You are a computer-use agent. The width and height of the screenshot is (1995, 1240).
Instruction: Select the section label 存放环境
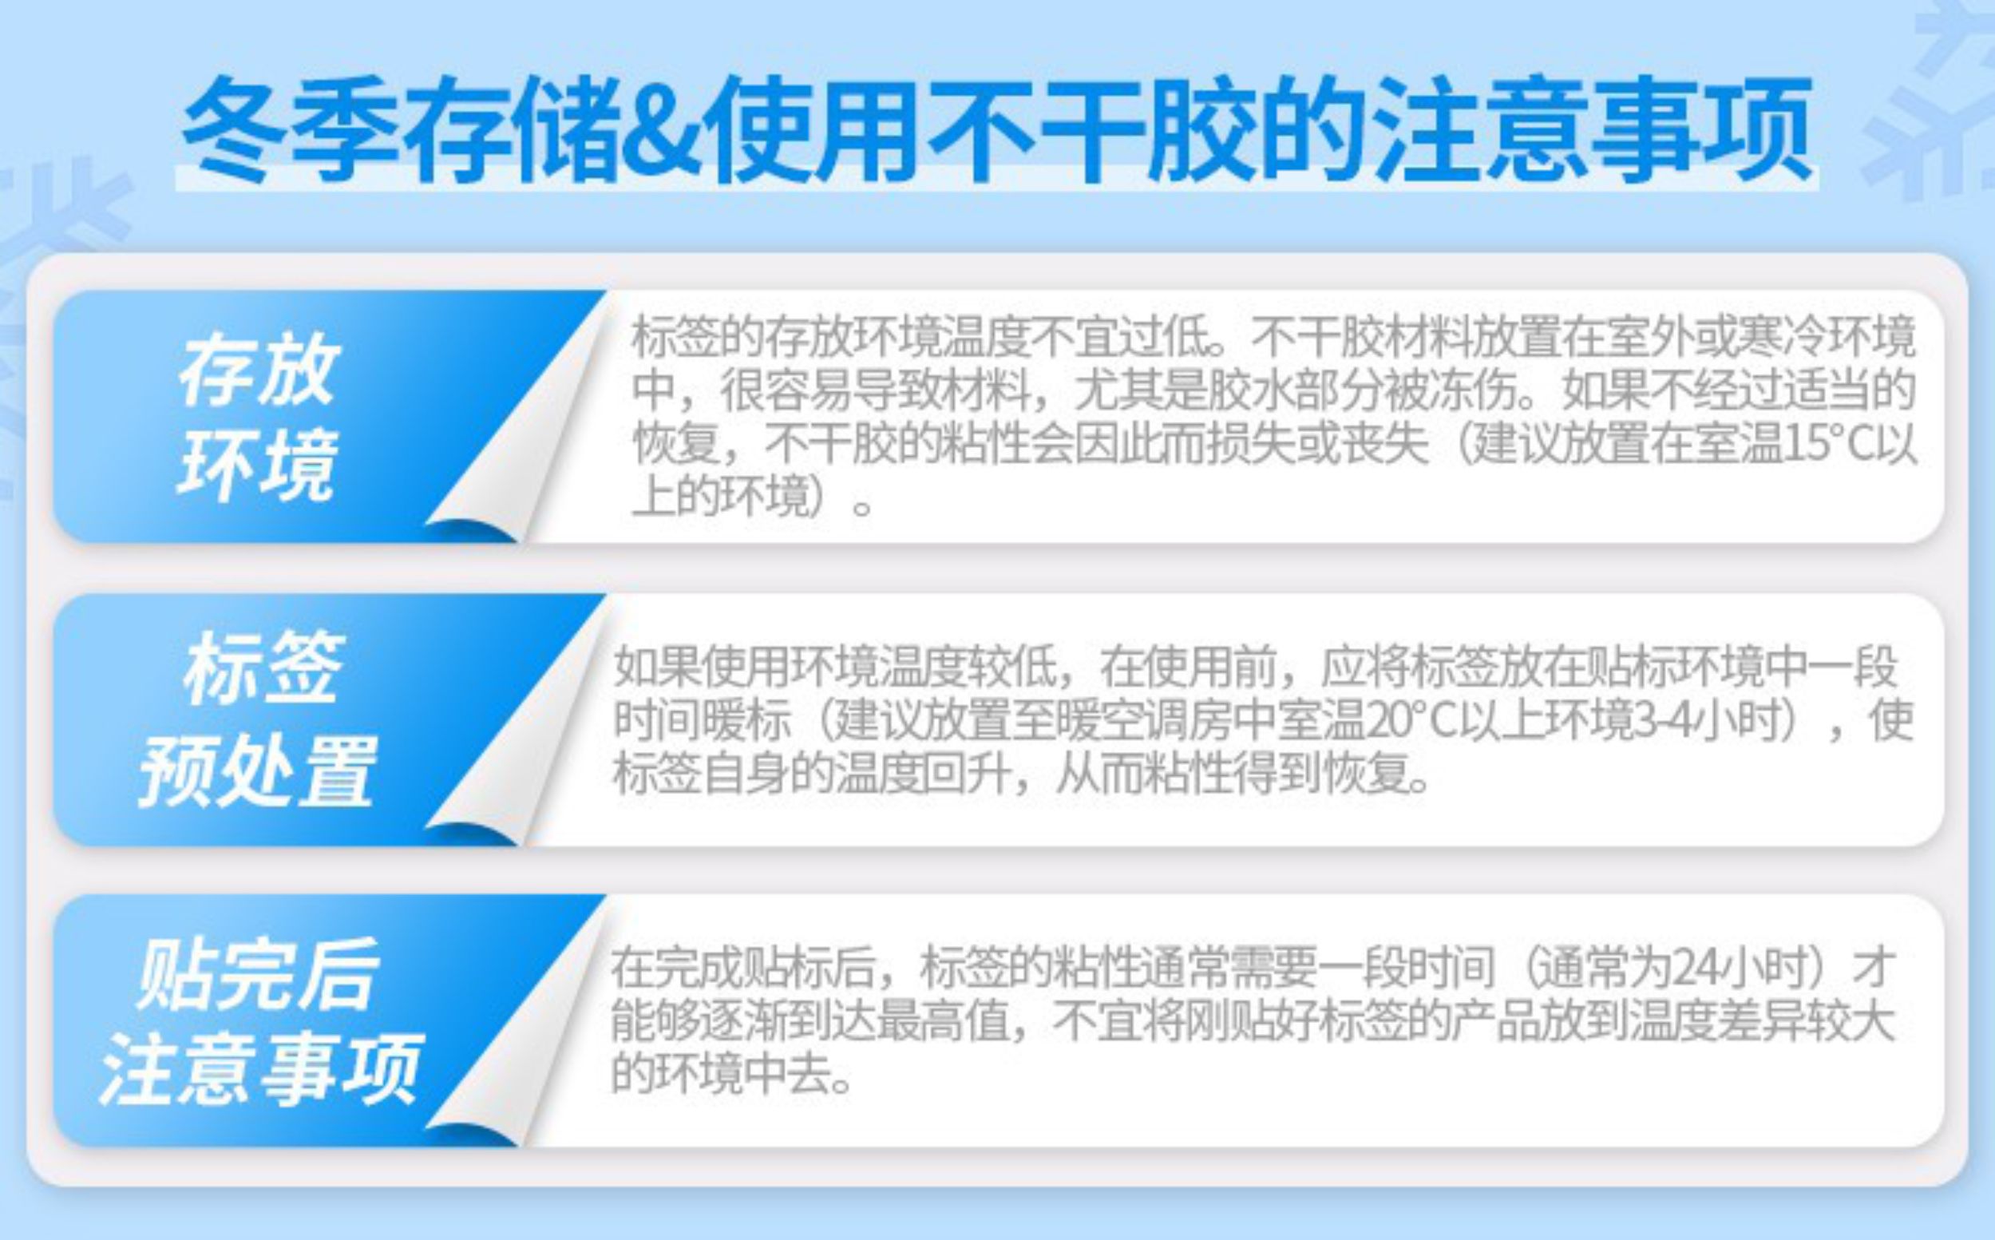[256, 417]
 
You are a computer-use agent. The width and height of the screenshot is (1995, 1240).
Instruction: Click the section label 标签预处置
[256, 719]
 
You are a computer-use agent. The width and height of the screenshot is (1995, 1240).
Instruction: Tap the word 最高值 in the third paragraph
[942, 1022]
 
